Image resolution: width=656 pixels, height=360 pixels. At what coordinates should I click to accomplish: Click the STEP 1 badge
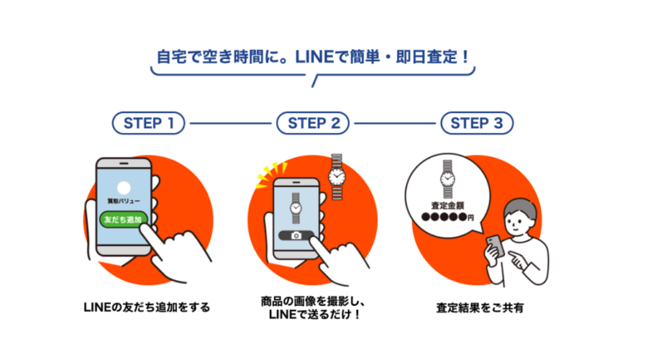click(x=149, y=124)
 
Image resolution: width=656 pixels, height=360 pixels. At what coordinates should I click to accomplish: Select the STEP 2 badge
click(x=313, y=124)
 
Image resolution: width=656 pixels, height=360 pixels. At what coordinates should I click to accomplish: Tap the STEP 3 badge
click(x=477, y=124)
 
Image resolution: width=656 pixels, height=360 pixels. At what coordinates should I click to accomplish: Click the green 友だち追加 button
click(x=122, y=219)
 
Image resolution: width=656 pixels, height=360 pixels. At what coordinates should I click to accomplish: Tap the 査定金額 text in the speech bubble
click(x=447, y=205)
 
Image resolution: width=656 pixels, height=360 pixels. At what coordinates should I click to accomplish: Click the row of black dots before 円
click(x=442, y=218)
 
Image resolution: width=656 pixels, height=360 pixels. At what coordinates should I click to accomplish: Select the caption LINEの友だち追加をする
click(x=147, y=308)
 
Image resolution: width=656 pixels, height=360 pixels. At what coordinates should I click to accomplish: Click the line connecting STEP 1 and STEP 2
click(x=230, y=124)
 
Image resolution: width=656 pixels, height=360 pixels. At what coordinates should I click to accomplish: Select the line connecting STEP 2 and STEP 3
click(x=395, y=124)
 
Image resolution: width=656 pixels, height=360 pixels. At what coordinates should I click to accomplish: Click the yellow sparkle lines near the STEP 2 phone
click(x=265, y=171)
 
